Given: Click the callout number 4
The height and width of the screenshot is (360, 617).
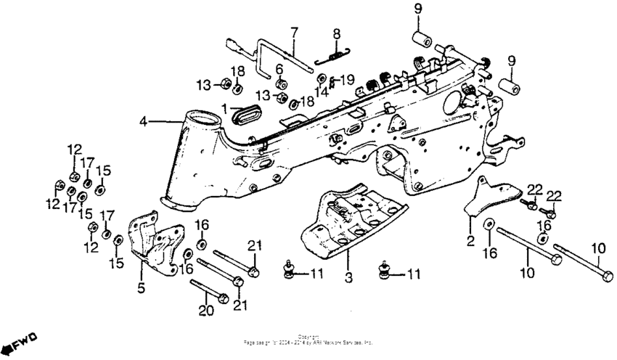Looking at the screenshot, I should [x=143, y=121].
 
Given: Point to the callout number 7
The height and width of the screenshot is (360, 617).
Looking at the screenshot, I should [x=295, y=31].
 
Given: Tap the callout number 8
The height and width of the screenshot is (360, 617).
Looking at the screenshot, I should [x=337, y=34].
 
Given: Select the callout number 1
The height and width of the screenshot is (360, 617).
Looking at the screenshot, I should [x=225, y=110].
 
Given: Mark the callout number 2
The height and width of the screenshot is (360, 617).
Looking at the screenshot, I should [x=470, y=240].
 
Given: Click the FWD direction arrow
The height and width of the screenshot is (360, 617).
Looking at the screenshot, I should [x=17, y=340].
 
